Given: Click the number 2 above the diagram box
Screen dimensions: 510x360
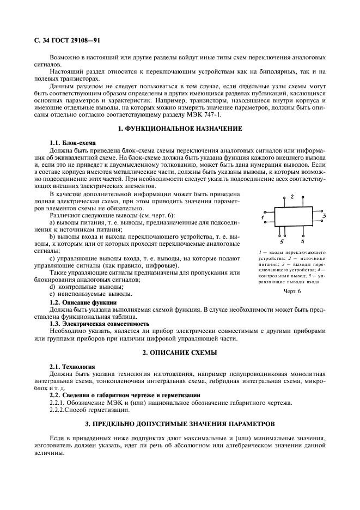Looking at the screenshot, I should (292, 196).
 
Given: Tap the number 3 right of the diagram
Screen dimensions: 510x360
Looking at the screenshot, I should (324, 216).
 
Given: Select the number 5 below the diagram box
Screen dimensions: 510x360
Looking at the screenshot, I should (282, 241).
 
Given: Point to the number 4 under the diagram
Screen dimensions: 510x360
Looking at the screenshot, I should (302, 241).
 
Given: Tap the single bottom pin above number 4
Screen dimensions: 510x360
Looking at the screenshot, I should (302, 233).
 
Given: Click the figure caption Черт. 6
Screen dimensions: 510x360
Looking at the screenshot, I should (292, 291).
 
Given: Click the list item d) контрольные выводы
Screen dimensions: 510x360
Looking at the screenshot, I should (86, 287).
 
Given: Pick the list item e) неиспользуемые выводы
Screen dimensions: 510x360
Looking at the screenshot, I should (90, 294).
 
